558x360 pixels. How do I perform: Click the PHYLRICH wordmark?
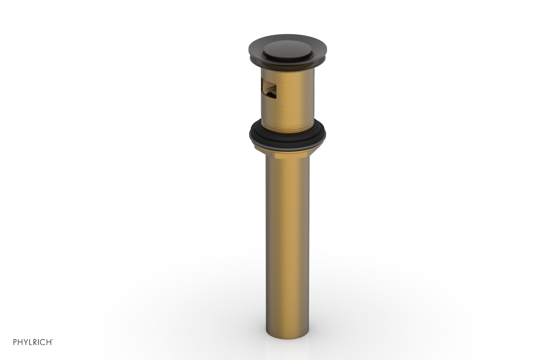coord(32,342)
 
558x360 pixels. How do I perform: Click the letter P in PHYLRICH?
coord(15,342)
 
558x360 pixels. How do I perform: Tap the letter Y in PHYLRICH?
coord(26,342)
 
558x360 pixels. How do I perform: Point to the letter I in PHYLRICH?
coord(39,342)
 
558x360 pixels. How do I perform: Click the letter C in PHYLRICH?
coord(43,342)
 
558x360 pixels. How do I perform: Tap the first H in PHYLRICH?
coord(20,342)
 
